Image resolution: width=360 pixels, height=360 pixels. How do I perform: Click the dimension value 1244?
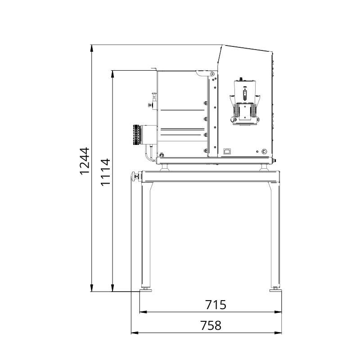tap(85, 161)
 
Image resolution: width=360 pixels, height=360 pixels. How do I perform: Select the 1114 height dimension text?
tap(106, 172)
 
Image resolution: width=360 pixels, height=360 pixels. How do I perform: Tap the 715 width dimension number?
tap(216, 305)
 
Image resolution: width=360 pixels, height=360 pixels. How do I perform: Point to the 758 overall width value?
tap(211, 325)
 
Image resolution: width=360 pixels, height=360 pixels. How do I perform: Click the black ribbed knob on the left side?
tap(137, 135)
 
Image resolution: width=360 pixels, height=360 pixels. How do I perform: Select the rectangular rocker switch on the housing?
tap(227, 151)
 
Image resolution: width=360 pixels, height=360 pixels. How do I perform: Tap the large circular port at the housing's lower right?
tap(264, 152)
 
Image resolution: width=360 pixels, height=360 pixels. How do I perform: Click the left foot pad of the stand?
tap(146, 290)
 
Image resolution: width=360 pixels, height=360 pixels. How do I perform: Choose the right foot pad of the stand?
tap(275, 290)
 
